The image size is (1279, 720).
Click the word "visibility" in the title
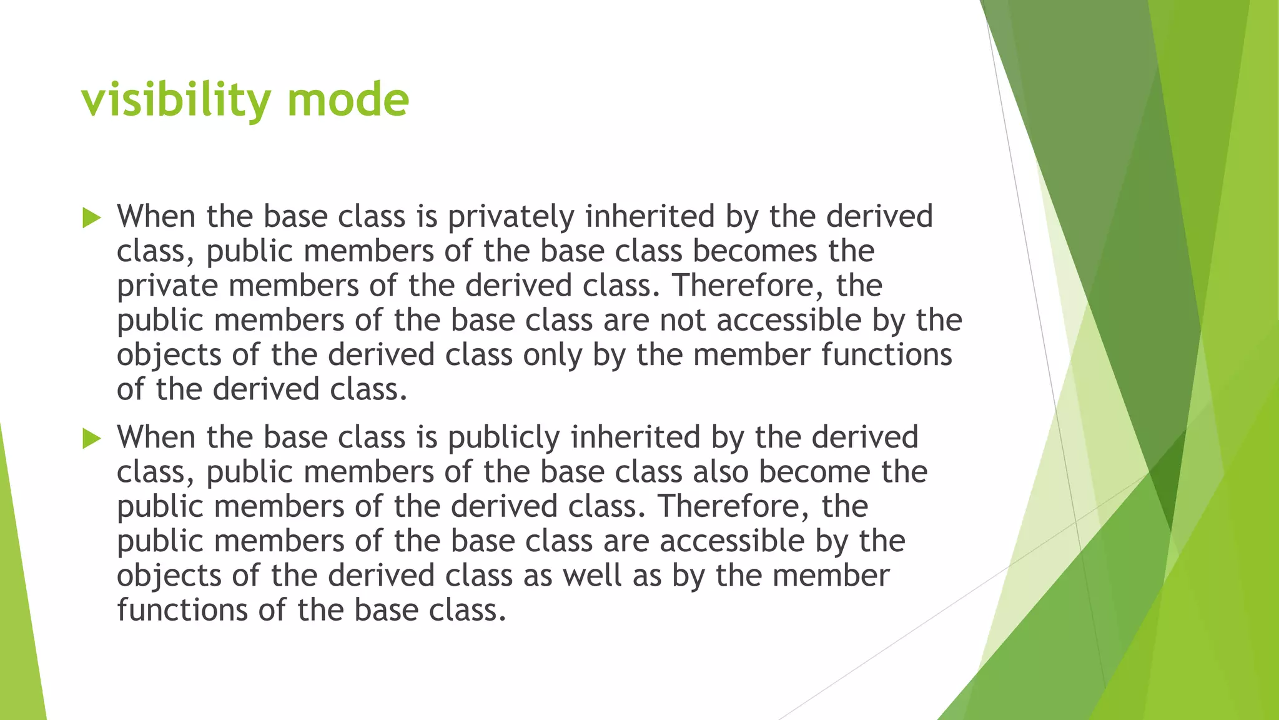[x=176, y=100]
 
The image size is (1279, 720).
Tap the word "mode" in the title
[x=348, y=100]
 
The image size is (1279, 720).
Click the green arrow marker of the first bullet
[x=91, y=218]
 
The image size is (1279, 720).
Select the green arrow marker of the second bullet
[x=91, y=439]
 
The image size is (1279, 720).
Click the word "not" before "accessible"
[x=683, y=321]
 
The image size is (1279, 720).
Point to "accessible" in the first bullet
[x=789, y=321]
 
